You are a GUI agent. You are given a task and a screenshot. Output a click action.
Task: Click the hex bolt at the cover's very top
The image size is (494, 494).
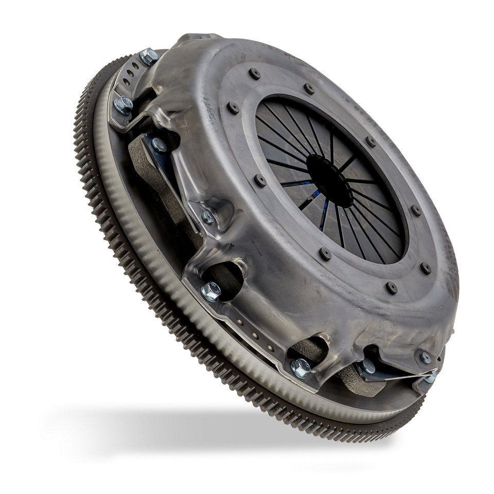(x=148, y=56)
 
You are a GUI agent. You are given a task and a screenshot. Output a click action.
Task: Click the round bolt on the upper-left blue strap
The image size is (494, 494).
(x=158, y=145)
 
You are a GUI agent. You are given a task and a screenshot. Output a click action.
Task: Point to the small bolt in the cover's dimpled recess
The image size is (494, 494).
(x=208, y=217)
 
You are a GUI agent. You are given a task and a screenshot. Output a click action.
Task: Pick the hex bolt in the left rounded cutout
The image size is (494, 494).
(x=211, y=291)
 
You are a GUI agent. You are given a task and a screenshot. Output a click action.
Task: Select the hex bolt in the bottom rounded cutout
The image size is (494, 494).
(x=300, y=367)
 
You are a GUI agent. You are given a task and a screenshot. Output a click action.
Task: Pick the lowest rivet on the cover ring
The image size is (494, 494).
(x=392, y=288)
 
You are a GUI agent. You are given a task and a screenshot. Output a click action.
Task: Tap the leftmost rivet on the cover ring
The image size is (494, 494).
(x=233, y=108)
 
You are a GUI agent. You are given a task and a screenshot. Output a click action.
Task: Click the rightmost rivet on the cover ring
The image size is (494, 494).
(x=426, y=268)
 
